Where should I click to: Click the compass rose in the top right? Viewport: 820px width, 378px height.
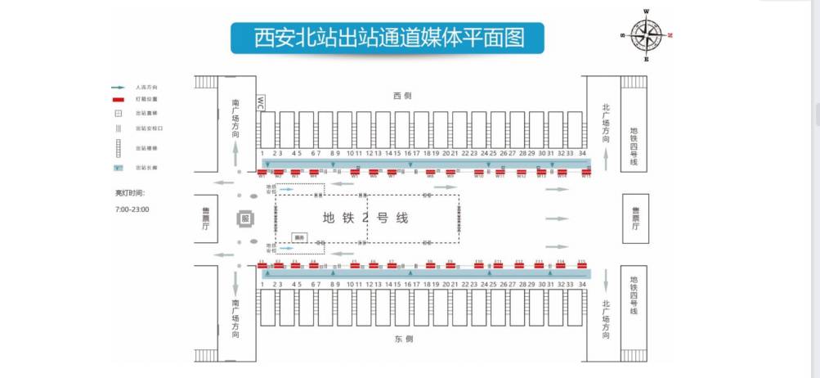(647, 35)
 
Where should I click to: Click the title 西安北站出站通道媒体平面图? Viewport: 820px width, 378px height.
(388, 38)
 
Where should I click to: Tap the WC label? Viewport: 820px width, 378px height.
(261, 102)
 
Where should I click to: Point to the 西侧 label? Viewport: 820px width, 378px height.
(401, 97)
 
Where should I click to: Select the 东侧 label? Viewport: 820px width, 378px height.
(401, 337)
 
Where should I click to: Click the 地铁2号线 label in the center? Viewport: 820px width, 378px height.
(365, 218)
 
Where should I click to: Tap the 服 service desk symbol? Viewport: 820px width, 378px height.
(244, 218)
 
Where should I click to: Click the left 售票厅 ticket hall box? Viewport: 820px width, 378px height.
(206, 218)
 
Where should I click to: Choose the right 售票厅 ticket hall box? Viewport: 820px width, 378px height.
(635, 218)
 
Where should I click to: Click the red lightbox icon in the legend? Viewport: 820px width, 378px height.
(118, 98)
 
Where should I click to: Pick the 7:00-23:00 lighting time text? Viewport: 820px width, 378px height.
(132, 209)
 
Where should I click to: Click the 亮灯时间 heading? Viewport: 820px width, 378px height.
(129, 193)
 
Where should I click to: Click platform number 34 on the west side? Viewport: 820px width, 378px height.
(581, 153)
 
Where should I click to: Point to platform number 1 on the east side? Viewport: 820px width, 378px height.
(262, 283)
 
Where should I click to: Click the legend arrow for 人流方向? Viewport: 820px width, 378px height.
(118, 86)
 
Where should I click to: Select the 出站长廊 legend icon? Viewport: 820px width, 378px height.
(118, 167)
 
